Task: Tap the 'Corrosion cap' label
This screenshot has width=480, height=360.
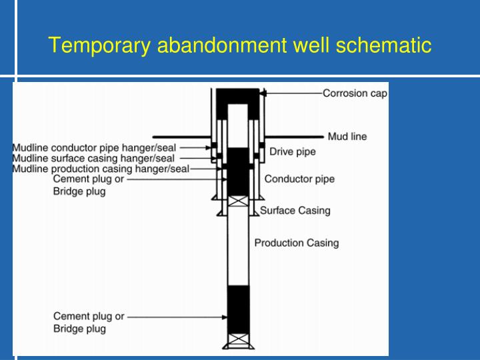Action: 355,93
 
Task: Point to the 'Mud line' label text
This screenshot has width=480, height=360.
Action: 347,137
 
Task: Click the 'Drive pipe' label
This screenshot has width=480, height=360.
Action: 292,152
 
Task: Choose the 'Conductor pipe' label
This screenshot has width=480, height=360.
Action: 299,179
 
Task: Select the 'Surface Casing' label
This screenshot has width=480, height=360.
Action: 295,211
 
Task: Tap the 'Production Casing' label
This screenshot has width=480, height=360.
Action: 296,243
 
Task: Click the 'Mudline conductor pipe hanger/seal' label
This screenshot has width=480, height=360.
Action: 94,147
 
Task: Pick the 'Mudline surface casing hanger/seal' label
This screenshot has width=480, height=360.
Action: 93,158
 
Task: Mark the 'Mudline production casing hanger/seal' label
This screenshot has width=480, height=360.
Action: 100,169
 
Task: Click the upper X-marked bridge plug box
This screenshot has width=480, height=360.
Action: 238,201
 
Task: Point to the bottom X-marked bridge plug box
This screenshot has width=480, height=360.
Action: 238,341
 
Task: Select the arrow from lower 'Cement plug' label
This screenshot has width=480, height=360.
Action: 177,317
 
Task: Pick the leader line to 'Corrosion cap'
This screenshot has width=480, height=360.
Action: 293,94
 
